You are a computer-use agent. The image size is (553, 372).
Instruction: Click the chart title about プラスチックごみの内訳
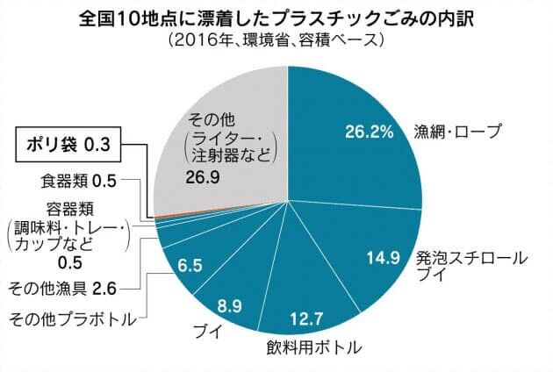[x=276, y=18]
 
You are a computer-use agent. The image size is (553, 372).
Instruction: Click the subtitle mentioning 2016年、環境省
[x=276, y=40]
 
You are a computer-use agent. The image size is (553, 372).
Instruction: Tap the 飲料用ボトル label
[x=313, y=348]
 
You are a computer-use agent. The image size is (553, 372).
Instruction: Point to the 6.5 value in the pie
[x=190, y=264]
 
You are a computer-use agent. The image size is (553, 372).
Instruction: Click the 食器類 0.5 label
[x=79, y=183]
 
